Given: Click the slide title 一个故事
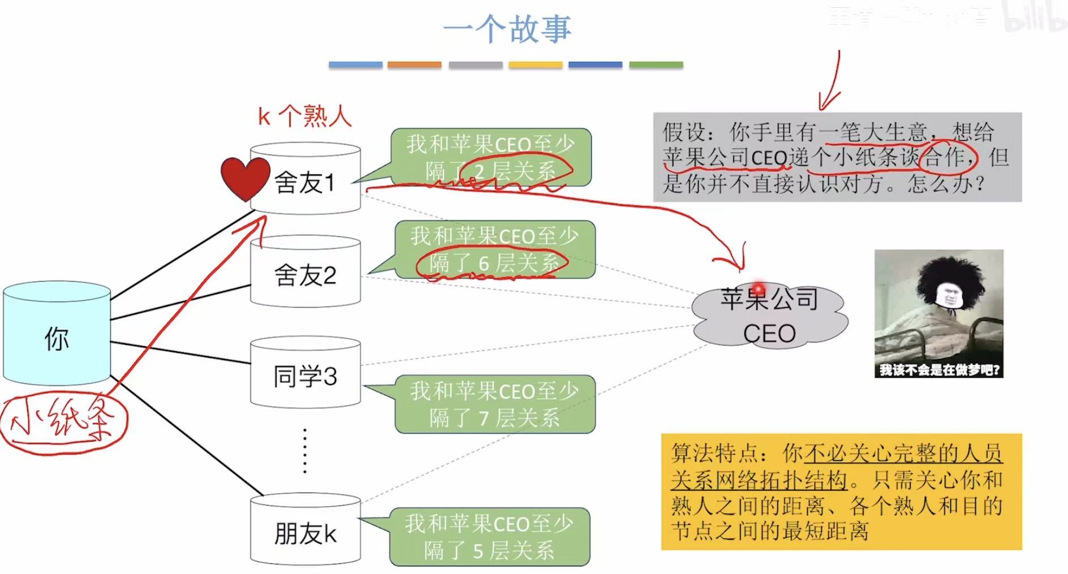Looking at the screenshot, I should pyautogui.click(x=507, y=29).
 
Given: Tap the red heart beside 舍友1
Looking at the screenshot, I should pyautogui.click(x=245, y=178).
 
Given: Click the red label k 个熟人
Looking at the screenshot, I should pyautogui.click(x=304, y=116).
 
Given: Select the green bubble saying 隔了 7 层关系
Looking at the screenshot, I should pyautogui.click(x=494, y=404).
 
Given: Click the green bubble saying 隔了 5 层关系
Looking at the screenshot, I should pyautogui.click(x=489, y=537).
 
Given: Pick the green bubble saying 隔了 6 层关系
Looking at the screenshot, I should pyautogui.click(x=494, y=249).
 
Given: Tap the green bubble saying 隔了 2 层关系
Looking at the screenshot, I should pyautogui.click(x=490, y=157).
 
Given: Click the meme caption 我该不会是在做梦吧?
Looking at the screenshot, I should pyautogui.click(x=939, y=370).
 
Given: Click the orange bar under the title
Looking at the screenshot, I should pyautogui.click(x=414, y=65).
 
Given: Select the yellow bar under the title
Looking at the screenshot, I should pyautogui.click(x=535, y=65).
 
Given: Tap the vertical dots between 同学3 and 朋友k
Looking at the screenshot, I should pyautogui.click(x=305, y=451).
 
